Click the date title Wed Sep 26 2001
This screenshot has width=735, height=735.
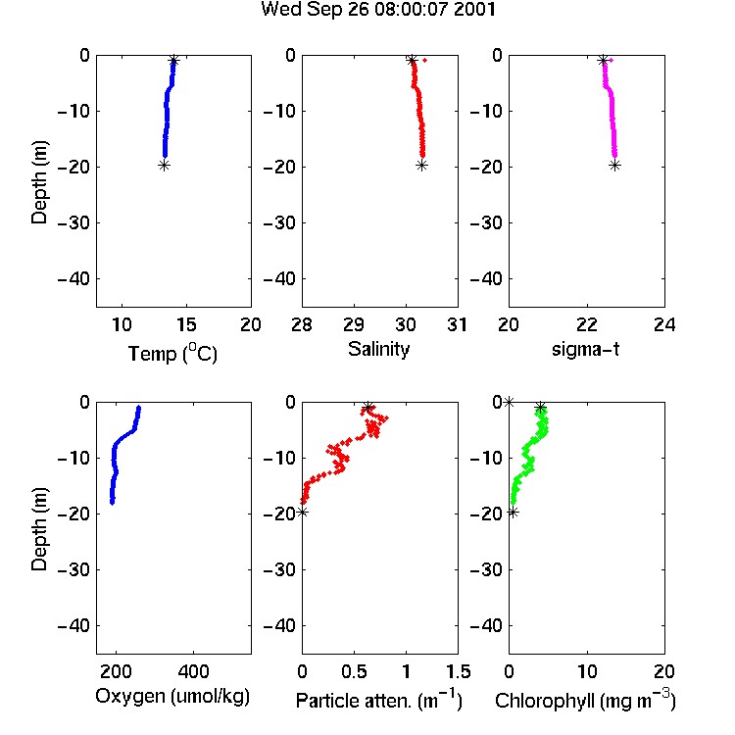[378, 10]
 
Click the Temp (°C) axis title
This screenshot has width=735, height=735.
[172, 353]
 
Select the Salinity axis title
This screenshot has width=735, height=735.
[378, 349]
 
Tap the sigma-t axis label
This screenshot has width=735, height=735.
[585, 349]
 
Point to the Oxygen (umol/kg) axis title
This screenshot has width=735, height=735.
[172, 697]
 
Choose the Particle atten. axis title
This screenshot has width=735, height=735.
[379, 700]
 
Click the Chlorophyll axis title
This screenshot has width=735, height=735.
[585, 700]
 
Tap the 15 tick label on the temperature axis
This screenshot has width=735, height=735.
[186, 324]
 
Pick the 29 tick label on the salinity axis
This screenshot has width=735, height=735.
[354, 324]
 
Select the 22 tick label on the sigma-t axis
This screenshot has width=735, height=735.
[587, 324]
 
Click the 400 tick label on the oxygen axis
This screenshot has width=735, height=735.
[194, 671]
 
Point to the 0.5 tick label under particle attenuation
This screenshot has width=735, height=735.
[354, 671]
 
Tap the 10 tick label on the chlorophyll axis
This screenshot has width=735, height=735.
[587, 671]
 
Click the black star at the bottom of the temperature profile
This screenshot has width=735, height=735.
[164, 165]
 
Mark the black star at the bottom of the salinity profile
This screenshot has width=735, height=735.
[421, 165]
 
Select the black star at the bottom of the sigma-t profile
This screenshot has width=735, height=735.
[614, 165]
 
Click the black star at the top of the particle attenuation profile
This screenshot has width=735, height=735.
[368, 407]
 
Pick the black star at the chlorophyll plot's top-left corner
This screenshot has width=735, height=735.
[509, 402]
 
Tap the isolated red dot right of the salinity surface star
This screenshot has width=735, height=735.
[424, 60]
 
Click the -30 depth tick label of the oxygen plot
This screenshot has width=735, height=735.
[73, 569]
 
